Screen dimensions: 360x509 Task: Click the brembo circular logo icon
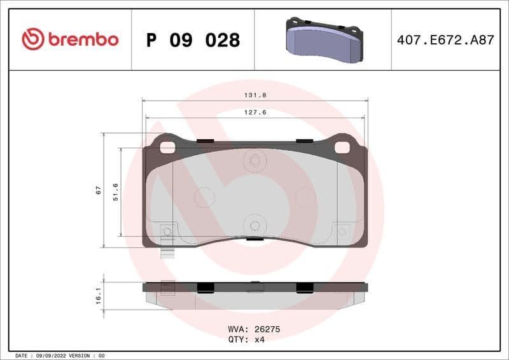tap(32, 39)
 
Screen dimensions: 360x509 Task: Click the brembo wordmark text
tap(83, 39)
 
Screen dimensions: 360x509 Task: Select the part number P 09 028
tap(193, 40)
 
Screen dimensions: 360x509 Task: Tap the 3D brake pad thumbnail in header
tap(323, 39)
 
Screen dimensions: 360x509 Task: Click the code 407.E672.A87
tap(445, 39)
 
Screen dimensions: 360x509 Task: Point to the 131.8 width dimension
tap(254, 95)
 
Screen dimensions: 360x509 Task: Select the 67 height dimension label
tap(98, 190)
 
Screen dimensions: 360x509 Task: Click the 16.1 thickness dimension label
tap(98, 296)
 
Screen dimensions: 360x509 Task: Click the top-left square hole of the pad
tap(167, 147)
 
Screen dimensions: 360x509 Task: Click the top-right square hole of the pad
tap(342, 147)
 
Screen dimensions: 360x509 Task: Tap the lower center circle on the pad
tap(254, 225)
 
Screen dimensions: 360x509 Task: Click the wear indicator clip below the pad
tap(168, 252)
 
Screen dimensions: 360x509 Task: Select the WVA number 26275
tap(267, 330)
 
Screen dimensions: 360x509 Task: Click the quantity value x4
tap(259, 340)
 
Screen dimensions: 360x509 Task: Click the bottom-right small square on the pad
tap(342, 231)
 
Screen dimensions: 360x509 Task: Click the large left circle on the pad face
tap(204, 197)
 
